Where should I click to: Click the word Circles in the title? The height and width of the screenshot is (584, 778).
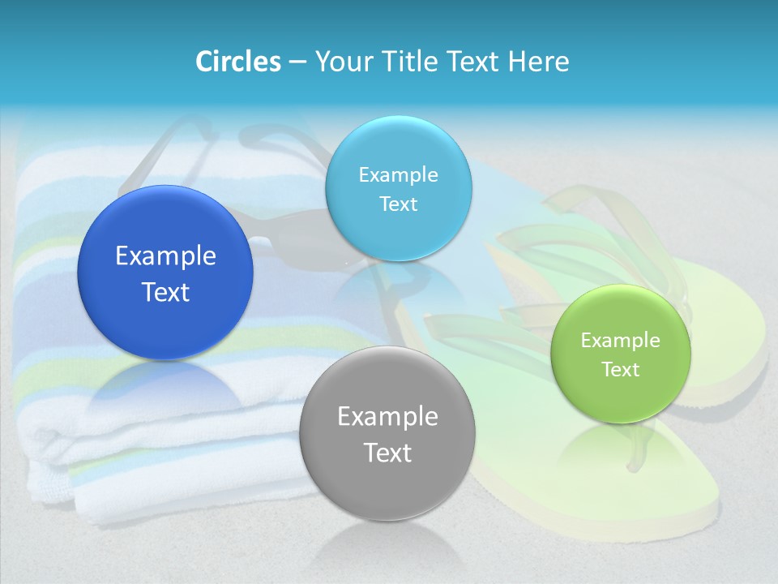pos(237,61)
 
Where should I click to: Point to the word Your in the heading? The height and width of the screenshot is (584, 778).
pos(341,61)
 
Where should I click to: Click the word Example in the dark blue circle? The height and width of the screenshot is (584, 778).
pos(165,256)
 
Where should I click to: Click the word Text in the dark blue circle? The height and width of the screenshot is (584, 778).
pos(165,292)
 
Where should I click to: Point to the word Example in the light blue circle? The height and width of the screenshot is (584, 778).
pos(399,174)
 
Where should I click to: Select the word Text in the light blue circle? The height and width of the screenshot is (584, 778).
pos(399,204)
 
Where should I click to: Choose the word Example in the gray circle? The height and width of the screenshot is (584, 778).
pos(387,416)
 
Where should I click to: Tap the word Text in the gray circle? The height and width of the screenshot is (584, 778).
pos(387,453)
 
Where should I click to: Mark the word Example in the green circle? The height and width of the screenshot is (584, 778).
pos(621,340)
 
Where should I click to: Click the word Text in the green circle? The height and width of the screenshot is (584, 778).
pos(621,369)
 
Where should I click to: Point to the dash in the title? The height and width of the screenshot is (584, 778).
pos(297,62)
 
